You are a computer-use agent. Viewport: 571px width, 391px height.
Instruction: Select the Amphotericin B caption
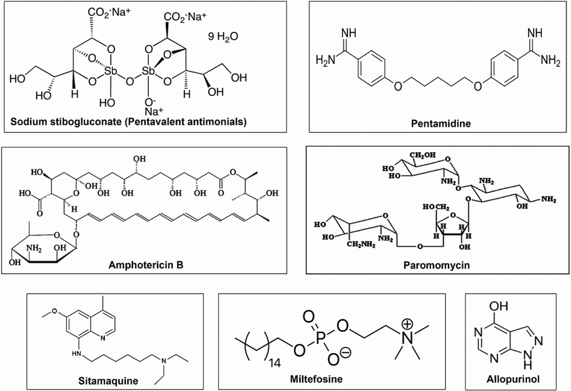[x=146, y=265]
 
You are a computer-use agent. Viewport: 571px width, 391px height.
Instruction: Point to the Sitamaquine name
[x=108, y=381]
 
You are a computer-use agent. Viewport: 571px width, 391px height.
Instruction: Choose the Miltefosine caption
[x=316, y=379]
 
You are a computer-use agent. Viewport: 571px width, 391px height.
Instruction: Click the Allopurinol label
[x=513, y=379]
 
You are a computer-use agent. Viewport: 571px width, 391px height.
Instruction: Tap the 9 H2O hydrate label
[x=223, y=37]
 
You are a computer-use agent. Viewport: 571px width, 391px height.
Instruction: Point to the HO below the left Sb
[x=107, y=103]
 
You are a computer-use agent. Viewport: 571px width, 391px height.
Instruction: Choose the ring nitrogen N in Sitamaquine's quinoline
[x=103, y=337]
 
